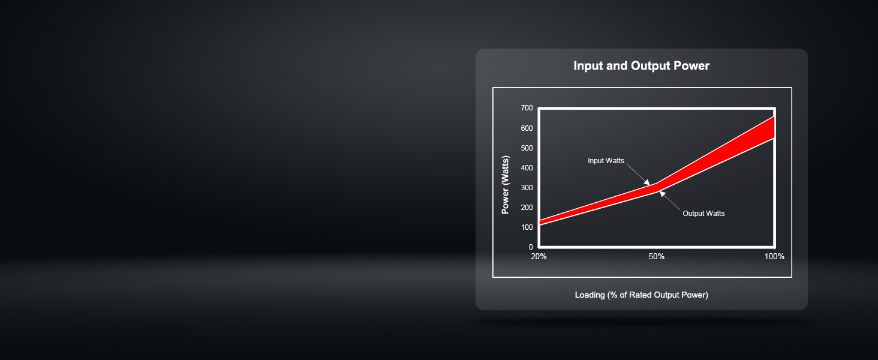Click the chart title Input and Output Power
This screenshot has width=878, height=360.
(x=641, y=65)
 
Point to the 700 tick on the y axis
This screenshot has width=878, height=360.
(x=527, y=108)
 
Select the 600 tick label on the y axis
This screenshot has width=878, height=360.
(x=527, y=128)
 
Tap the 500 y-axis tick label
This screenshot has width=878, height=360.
(x=527, y=148)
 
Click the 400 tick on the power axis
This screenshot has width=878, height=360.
(x=527, y=168)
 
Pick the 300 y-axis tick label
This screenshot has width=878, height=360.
(x=527, y=188)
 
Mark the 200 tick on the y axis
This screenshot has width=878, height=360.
(x=527, y=208)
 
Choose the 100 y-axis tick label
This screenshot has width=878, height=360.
(x=527, y=227)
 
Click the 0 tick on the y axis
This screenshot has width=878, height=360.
(x=531, y=247)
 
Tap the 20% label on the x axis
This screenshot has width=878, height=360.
(x=539, y=256)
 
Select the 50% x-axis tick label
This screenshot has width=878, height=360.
(x=657, y=256)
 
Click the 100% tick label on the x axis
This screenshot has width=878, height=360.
(x=774, y=256)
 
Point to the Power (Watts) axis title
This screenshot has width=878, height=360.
(x=505, y=185)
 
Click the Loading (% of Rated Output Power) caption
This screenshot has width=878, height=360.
(x=642, y=295)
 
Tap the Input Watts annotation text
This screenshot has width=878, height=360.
(x=606, y=161)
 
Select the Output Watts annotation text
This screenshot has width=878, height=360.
(x=703, y=214)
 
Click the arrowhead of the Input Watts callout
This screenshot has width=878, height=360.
(x=647, y=182)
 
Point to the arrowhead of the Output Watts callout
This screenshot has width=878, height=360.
(x=662, y=194)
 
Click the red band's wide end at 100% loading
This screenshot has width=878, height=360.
(x=774, y=127)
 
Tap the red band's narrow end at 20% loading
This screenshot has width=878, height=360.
(x=540, y=223)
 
